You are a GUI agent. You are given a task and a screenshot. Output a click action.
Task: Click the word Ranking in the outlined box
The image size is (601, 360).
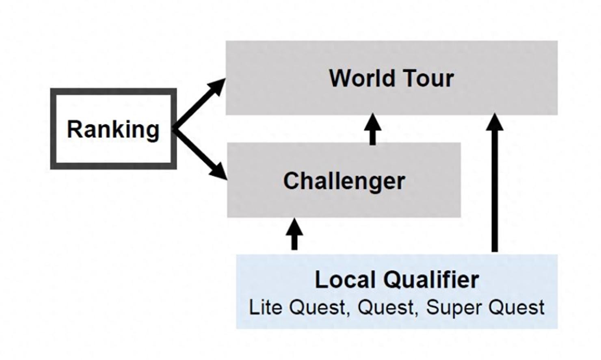click(113, 129)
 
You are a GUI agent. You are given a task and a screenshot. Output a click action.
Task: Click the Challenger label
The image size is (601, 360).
click(344, 181)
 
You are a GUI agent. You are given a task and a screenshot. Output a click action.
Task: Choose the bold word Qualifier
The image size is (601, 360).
click(431, 280)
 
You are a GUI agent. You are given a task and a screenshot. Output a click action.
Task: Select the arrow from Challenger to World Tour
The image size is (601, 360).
click(372, 129)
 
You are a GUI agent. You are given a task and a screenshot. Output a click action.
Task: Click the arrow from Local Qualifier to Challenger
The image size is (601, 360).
click(294, 234)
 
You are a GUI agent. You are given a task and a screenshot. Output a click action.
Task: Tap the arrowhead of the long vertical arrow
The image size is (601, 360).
click(494, 122)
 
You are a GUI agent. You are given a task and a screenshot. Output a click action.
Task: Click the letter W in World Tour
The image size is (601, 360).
click(339, 78)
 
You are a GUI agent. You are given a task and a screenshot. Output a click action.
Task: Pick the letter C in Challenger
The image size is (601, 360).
click(291, 181)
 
